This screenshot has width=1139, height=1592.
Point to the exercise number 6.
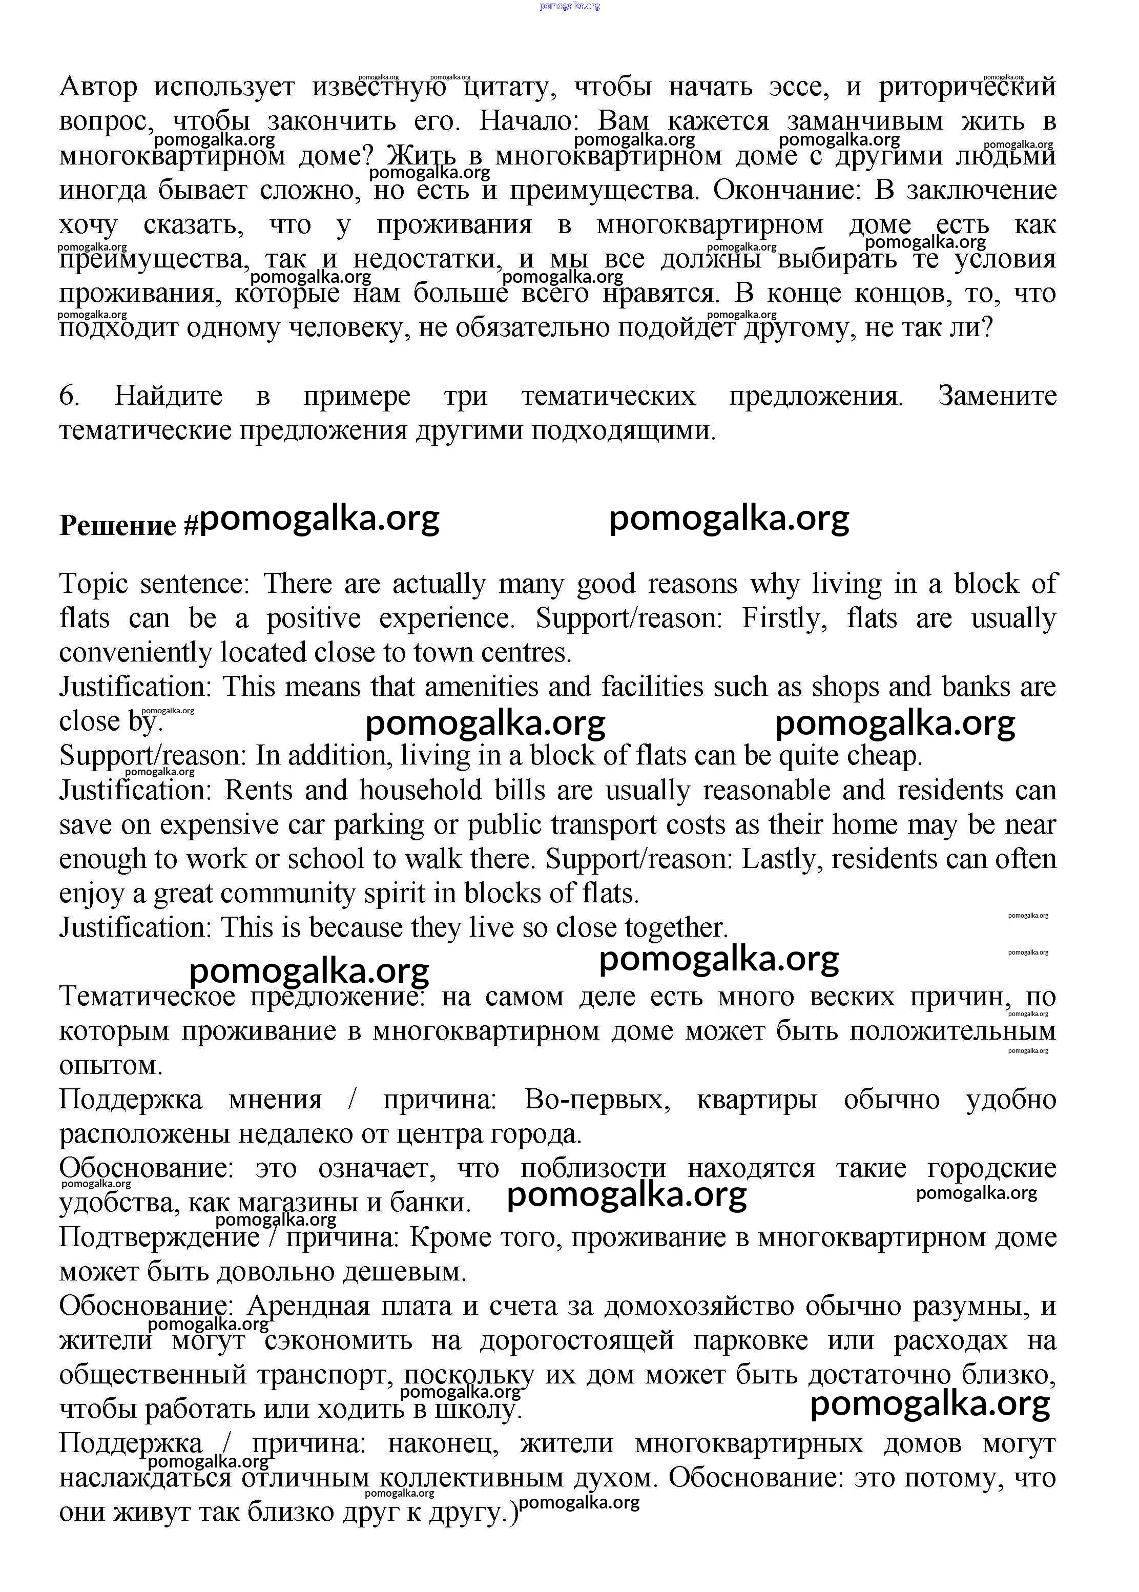click(69, 396)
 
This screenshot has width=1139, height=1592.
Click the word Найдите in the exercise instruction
click(169, 396)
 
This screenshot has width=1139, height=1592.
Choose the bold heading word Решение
click(118, 525)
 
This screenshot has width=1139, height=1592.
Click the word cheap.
click(884, 756)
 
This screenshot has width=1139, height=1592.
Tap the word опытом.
click(111, 1065)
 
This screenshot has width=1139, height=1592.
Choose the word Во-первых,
click(597, 1100)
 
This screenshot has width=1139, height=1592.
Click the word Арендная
click(308, 1306)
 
